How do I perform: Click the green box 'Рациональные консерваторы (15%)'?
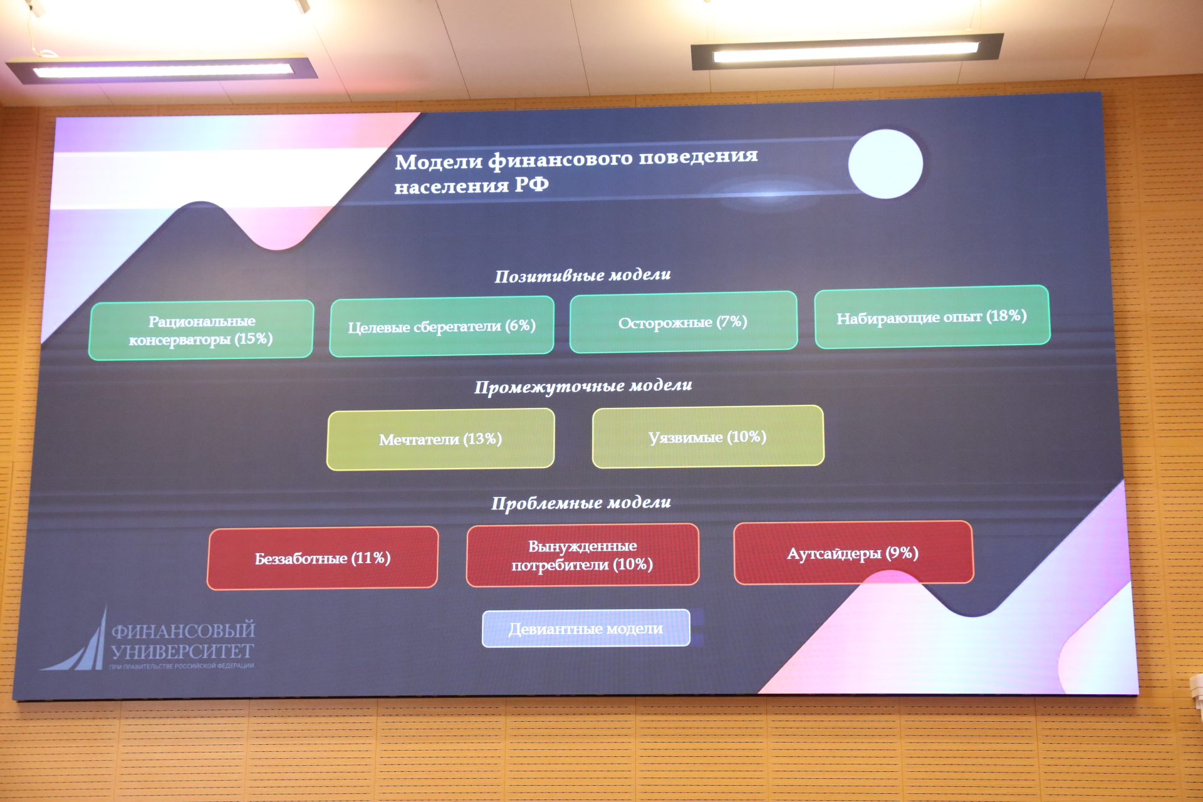click(201, 330)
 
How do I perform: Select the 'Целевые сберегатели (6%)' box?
click(442, 326)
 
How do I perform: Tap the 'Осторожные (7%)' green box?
click(684, 322)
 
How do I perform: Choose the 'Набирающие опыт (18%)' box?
click(932, 317)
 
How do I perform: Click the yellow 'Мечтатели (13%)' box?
click(440, 439)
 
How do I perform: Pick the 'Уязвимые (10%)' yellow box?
click(708, 437)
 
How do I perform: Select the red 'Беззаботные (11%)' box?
click(323, 558)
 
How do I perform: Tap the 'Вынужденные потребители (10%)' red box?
click(583, 555)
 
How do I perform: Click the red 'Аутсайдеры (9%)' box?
click(853, 553)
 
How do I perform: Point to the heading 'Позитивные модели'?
click(583, 275)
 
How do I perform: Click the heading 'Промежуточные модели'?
click(583, 387)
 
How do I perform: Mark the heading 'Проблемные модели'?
click(581, 503)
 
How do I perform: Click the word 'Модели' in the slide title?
click(439, 162)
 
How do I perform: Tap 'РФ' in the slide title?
click(531, 184)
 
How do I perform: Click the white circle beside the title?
click(885, 164)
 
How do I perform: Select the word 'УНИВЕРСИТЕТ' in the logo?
click(182, 652)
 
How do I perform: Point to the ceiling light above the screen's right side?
click(846, 51)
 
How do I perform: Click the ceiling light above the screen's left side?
click(162, 70)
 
